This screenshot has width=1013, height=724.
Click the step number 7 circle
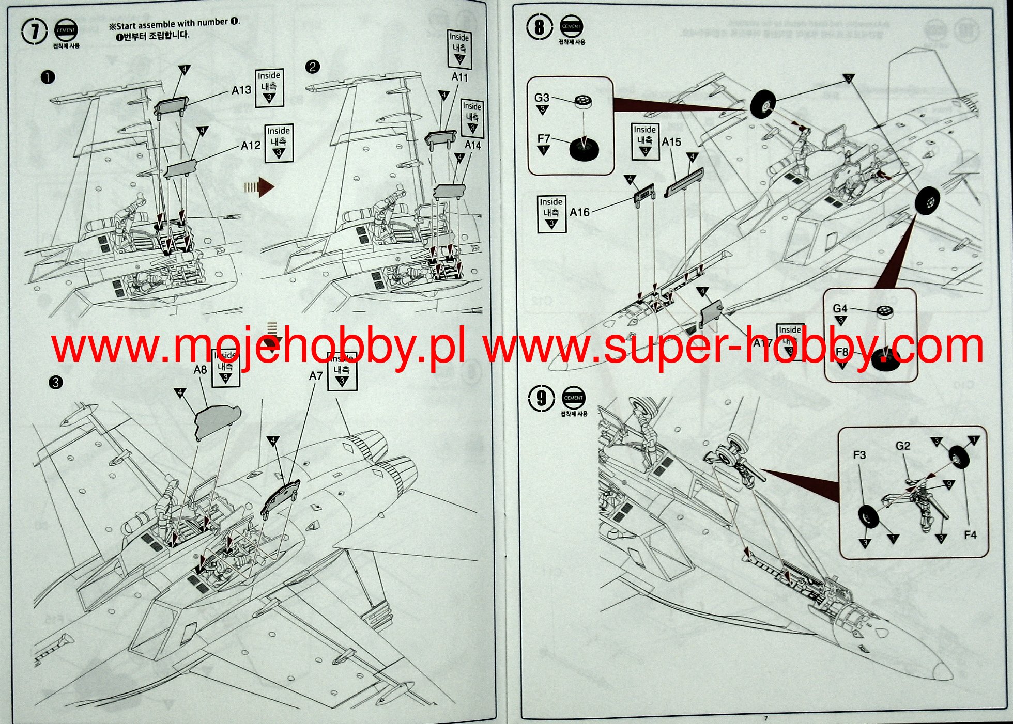click(35, 31)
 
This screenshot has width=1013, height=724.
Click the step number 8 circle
click(540, 26)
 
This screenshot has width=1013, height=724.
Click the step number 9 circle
click(542, 398)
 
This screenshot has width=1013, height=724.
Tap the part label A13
click(241, 90)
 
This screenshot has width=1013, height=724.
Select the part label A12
click(251, 146)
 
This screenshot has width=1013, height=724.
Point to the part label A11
click(459, 77)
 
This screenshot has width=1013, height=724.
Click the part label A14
click(472, 146)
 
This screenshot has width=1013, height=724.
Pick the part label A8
click(200, 370)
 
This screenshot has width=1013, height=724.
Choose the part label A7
click(316, 376)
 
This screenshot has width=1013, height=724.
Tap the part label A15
click(671, 142)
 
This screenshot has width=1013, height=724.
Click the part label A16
click(579, 212)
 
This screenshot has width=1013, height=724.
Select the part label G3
click(542, 98)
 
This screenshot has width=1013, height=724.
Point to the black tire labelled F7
click(584, 149)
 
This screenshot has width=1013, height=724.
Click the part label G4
click(840, 309)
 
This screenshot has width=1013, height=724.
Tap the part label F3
click(859, 455)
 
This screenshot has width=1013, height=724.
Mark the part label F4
click(970, 535)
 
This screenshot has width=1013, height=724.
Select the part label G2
click(903, 446)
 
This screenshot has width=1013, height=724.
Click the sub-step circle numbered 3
click(55, 383)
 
